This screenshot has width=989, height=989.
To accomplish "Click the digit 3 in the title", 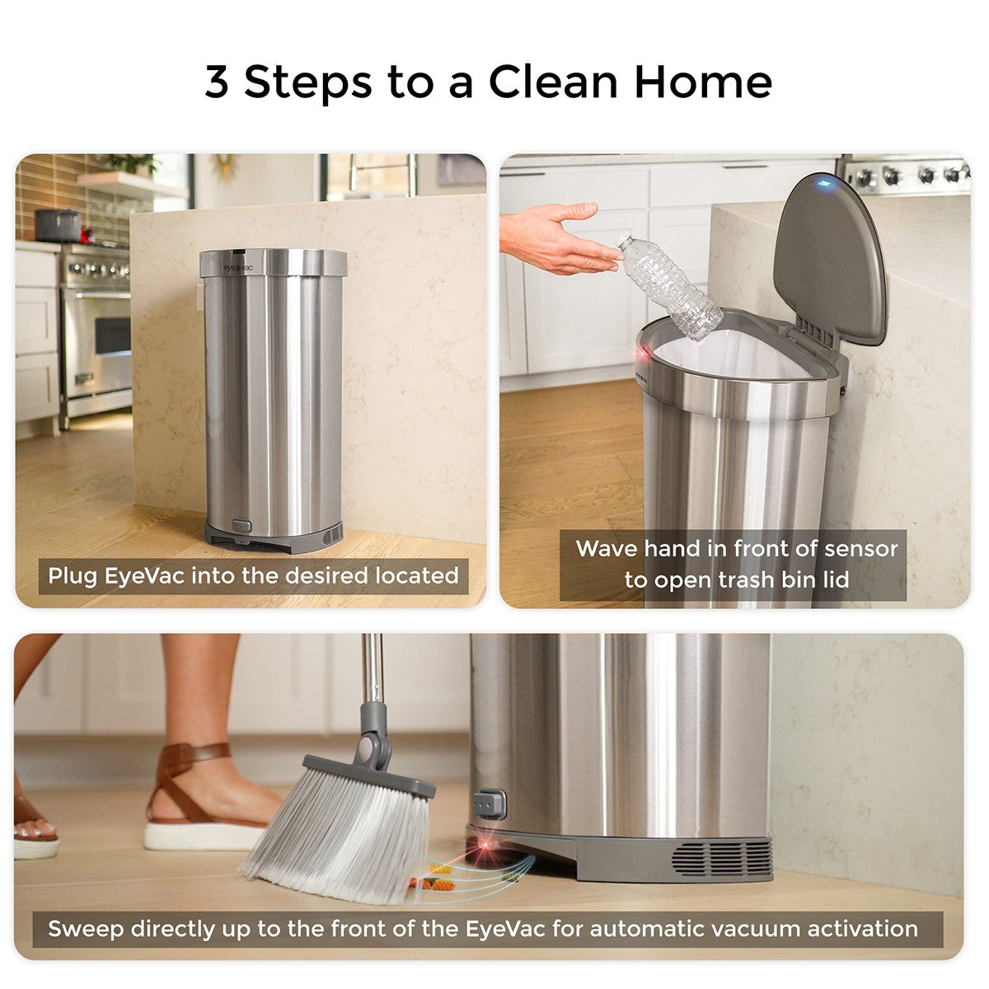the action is [216, 82].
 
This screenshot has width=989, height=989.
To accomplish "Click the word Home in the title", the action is [703, 82].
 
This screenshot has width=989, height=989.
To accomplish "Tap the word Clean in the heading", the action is [553, 82].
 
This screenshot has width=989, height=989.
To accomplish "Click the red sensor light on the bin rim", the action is [642, 354].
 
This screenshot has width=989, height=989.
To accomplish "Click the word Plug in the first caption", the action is [73, 576].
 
